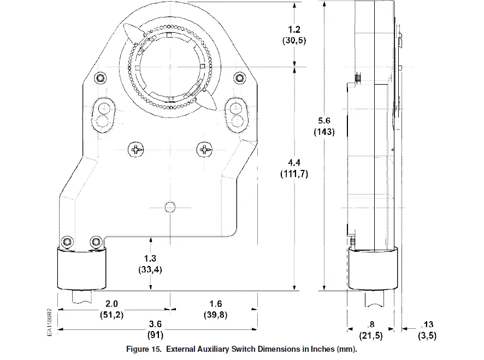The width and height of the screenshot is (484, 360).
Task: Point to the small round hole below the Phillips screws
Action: coord(170,206)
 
